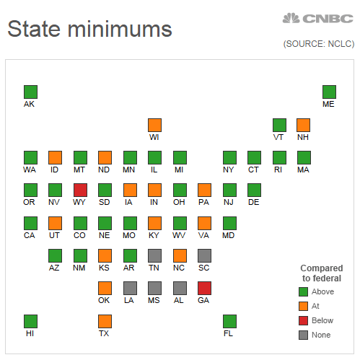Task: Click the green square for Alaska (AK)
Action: tap(30, 92)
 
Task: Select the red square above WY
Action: tap(80, 190)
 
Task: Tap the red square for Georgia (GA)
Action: tap(204, 288)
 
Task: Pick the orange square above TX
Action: tap(105, 321)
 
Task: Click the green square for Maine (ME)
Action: tap(329, 92)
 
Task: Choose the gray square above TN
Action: tap(154, 255)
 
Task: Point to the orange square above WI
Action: tap(154, 125)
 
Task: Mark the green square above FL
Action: tap(229, 321)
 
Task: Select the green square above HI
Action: tap(30, 321)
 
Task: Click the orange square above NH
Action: tap(304, 125)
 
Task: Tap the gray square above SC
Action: tap(204, 255)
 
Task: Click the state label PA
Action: tap(204, 203)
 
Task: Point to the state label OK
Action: tap(105, 301)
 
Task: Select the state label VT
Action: tap(278, 137)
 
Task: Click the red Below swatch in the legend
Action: tap(303, 320)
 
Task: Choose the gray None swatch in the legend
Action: tap(303, 335)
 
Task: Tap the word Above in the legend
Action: tap(322, 291)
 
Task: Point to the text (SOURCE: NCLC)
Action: tap(319, 44)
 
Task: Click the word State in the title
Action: tap(33, 29)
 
